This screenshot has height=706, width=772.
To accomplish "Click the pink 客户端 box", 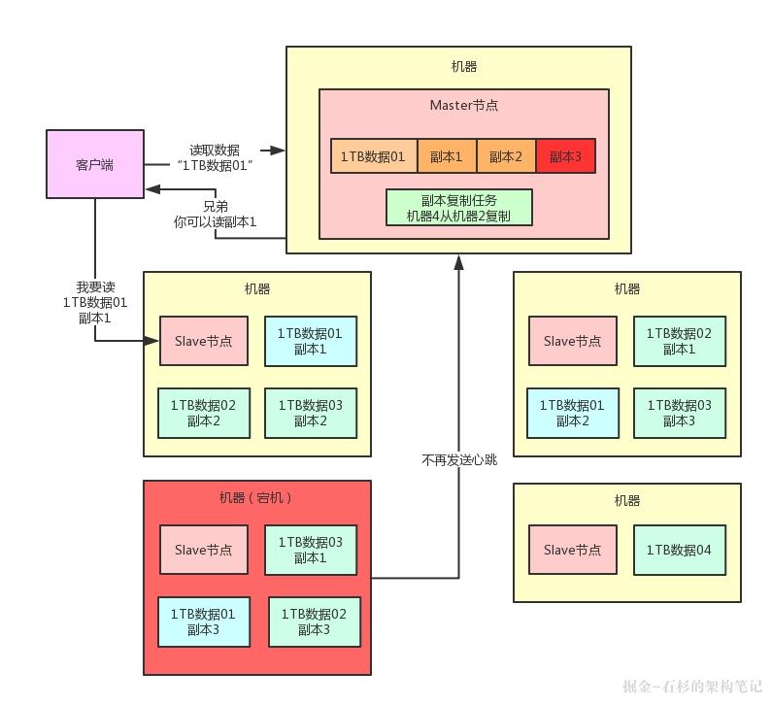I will [x=94, y=164].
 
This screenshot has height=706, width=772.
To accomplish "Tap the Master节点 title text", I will [x=464, y=105].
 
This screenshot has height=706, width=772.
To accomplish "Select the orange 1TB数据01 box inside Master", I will [x=373, y=155].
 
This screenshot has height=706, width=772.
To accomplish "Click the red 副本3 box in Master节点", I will [x=565, y=155].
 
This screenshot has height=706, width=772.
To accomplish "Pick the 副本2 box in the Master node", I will [x=506, y=155].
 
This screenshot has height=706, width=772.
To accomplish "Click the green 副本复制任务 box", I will [x=458, y=208].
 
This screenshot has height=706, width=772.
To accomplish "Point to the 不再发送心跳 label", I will [x=458, y=460].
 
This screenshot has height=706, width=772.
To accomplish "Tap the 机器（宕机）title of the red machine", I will [x=256, y=498].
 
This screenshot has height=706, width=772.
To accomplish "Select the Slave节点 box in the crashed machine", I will [x=204, y=550].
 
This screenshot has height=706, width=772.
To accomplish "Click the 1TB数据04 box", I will [x=679, y=550].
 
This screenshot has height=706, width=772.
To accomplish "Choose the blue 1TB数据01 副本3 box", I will [x=203, y=622].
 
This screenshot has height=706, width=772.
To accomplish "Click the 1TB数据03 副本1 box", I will [x=311, y=550].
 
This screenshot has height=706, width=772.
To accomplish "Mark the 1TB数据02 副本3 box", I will [x=314, y=622].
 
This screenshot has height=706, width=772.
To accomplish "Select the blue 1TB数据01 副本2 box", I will [x=571, y=413].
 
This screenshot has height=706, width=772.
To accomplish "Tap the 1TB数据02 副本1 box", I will [x=679, y=341].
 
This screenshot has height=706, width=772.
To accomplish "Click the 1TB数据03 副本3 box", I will [x=679, y=413].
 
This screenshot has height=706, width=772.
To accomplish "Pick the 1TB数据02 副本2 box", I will [x=203, y=413].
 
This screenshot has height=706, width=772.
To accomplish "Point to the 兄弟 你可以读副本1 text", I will [x=215, y=215].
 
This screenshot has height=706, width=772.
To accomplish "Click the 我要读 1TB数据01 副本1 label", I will [x=95, y=302].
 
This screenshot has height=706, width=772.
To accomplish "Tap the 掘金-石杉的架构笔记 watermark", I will [x=692, y=686].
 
